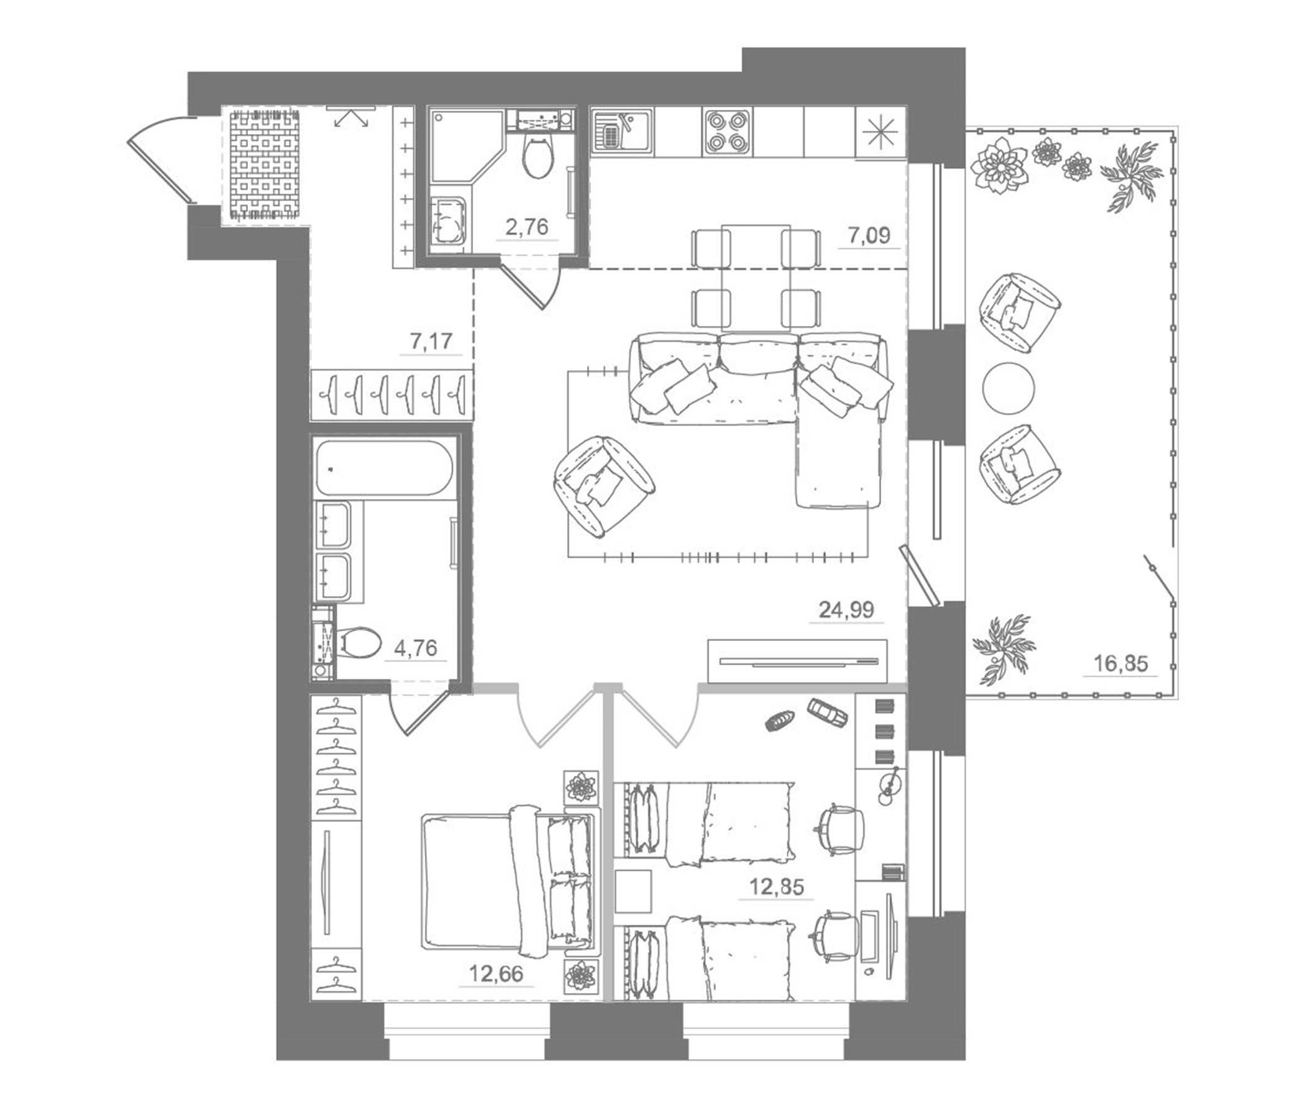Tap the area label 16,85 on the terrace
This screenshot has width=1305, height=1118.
click(x=1120, y=663)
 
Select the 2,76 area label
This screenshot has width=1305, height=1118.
click(x=527, y=227)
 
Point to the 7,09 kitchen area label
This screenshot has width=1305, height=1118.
click(x=869, y=236)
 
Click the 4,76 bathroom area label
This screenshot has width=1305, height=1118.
click(x=415, y=648)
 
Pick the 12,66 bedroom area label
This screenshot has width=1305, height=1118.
click(x=496, y=974)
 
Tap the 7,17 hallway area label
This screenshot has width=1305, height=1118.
click(x=431, y=341)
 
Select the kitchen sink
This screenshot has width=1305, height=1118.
click(x=621, y=131)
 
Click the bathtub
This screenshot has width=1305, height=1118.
click(x=383, y=468)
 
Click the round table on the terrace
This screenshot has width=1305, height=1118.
click(x=1009, y=388)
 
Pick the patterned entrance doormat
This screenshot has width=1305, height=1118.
click(x=264, y=165)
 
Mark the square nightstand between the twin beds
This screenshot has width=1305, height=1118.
click(x=633, y=891)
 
